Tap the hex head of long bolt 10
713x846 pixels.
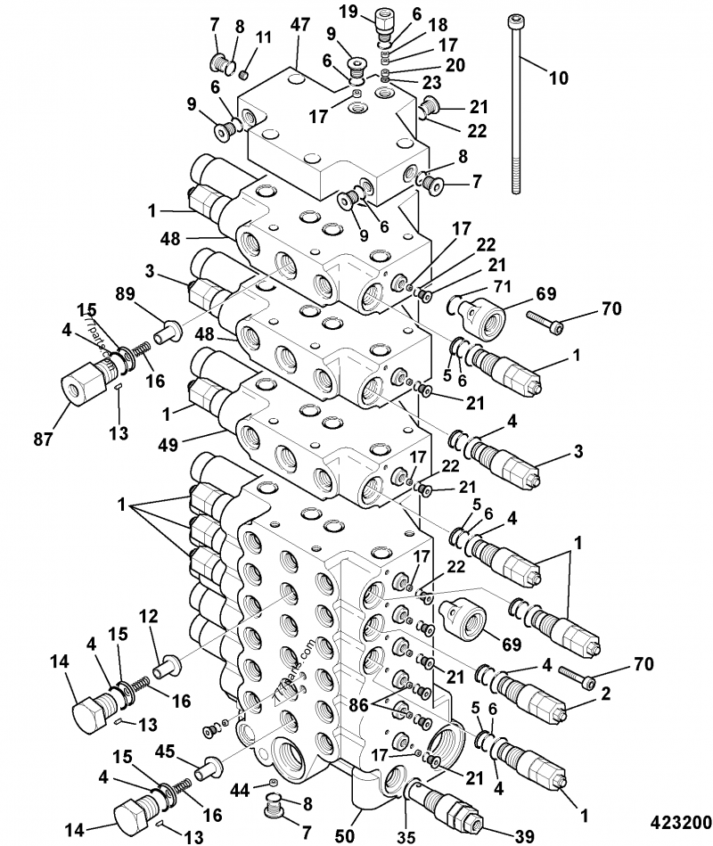(x=515, y=21)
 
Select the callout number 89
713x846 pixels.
(x=126, y=296)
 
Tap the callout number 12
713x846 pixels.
(x=147, y=616)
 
